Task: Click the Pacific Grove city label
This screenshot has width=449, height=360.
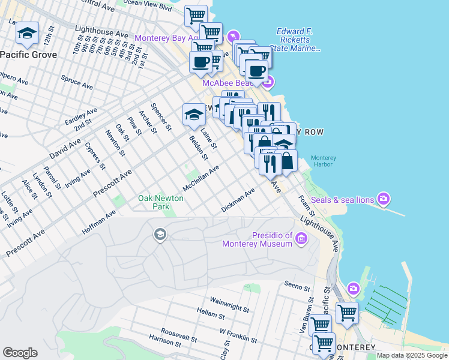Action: coord(29,55)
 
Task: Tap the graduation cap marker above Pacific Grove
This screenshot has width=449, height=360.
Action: coord(27,34)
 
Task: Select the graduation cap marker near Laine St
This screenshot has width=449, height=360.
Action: coord(194,114)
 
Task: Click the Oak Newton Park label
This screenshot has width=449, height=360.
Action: coord(162,202)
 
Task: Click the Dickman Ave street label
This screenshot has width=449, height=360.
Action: coord(238,199)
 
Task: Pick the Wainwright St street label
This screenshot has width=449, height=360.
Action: coord(229,304)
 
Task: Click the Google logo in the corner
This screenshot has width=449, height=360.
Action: coord(20,353)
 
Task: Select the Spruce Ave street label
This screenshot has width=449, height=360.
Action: coord(76,82)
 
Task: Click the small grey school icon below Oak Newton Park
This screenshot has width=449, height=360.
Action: coord(160,233)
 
